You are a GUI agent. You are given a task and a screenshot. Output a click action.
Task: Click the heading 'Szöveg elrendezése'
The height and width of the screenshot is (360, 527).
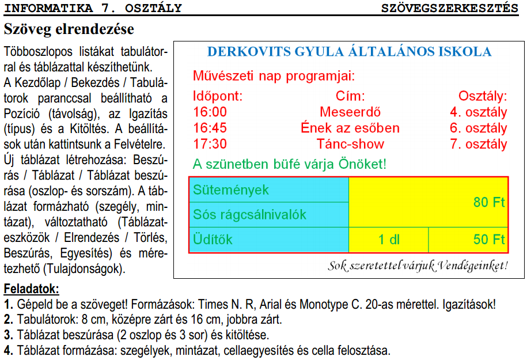click(x=69, y=28)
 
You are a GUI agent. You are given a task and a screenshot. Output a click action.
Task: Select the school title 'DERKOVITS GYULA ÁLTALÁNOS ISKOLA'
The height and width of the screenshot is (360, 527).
click(x=349, y=52)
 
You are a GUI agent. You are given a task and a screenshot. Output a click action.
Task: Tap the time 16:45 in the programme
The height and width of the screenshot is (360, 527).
click(x=210, y=128)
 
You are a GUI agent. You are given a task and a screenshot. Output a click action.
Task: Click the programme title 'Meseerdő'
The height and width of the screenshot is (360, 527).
click(x=350, y=112)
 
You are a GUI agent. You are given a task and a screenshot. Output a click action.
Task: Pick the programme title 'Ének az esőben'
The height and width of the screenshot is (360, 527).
click(x=350, y=128)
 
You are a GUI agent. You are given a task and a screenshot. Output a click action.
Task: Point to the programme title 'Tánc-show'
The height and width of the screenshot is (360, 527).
click(x=350, y=144)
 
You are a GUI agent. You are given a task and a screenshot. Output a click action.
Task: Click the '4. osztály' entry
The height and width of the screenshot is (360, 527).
click(x=478, y=112)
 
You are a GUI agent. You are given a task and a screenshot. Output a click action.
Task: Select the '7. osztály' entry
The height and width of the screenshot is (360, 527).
click(x=478, y=144)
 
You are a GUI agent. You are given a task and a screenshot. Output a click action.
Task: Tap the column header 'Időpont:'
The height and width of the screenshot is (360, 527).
click(x=218, y=96)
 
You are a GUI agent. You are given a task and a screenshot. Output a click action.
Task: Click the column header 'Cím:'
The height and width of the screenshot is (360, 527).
click(x=350, y=96)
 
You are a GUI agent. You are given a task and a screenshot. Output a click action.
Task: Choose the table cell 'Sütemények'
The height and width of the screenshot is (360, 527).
click(x=231, y=190)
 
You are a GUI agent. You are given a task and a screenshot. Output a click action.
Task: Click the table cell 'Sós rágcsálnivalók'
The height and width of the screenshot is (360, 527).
click(x=249, y=215)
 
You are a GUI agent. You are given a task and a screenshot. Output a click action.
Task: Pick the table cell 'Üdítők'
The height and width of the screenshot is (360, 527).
click(x=213, y=240)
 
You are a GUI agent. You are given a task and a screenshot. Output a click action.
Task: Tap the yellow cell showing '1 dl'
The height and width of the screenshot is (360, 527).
click(x=389, y=240)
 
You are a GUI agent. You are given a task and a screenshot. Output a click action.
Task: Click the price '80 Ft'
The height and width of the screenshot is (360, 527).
click(x=489, y=202)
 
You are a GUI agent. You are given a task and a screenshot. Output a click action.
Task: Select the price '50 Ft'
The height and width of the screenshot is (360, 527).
click(x=489, y=240)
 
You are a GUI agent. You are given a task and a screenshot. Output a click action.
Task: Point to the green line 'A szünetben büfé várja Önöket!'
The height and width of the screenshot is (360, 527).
click(x=289, y=164)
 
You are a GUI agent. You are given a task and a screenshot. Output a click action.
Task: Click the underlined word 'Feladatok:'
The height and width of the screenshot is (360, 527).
click(x=31, y=289)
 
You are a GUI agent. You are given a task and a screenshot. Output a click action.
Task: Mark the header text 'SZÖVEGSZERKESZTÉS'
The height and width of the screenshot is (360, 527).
click(x=449, y=8)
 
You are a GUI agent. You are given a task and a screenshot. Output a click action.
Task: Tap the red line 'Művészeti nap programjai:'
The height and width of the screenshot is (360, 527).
click(x=274, y=75)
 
